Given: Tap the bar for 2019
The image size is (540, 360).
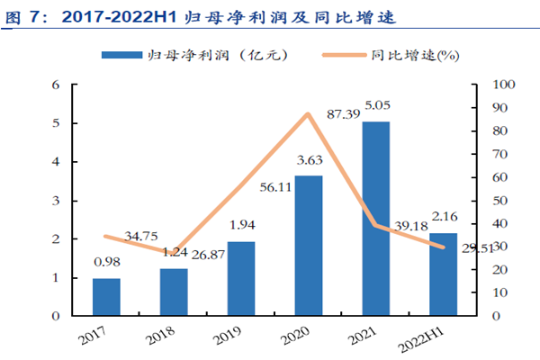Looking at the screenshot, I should [x=241, y=279].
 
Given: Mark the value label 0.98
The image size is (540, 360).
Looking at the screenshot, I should [x=106, y=262].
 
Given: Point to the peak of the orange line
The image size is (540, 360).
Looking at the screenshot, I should [x=309, y=114].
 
